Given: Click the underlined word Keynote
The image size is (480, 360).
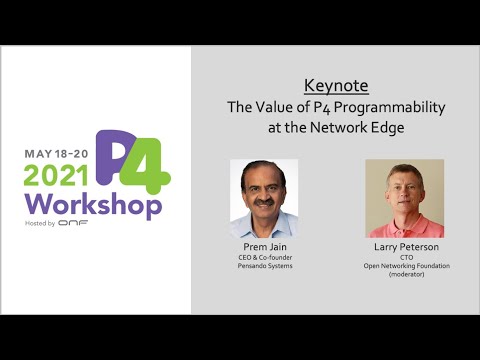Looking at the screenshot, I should pyautogui.click(x=335, y=85).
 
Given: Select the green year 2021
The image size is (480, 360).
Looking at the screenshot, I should pyautogui.click(x=57, y=176).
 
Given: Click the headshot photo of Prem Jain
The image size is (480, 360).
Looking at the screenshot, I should pyautogui.click(x=264, y=198).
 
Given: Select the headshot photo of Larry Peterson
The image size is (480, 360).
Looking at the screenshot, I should pyautogui.click(x=404, y=198).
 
